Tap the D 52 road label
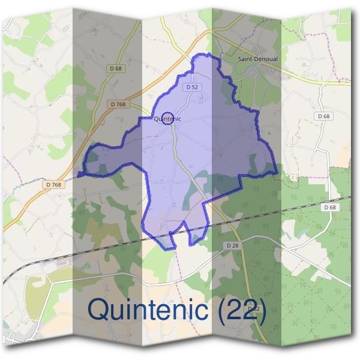click(x=192, y=87)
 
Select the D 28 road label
click(x=233, y=246)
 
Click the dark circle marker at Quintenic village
click(x=168, y=118)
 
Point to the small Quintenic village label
click(x=168, y=119)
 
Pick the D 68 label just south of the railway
click(x=329, y=207)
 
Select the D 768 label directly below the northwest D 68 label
click(x=118, y=104)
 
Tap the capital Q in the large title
click(x=100, y=310)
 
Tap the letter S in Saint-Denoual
click(x=240, y=59)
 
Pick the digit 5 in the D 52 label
click(x=193, y=87)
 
